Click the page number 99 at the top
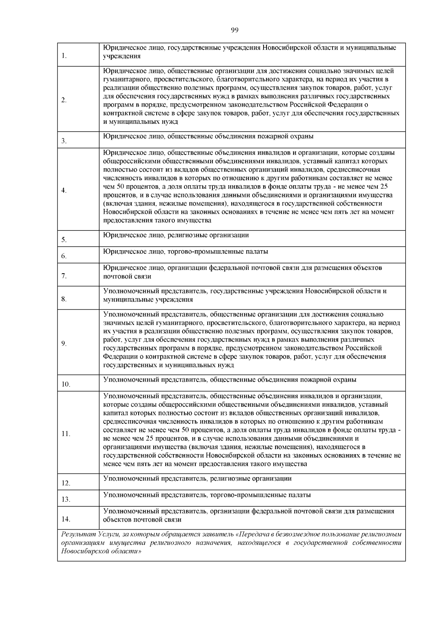coord(234,30)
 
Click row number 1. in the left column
coord(65,56)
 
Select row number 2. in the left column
coord(64,100)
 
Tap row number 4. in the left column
coord(64,190)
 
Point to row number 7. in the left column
coord(64,276)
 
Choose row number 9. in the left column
coord(64,343)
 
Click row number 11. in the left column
coord(66,434)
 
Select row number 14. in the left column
coord(66,519)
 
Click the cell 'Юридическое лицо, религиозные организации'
coord(176,235)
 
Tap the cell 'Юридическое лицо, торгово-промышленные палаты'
coord(185,252)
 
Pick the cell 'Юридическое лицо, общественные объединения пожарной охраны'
coord(208,136)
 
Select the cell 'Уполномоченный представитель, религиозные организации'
coord(197,479)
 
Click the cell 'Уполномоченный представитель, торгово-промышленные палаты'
coord(207,495)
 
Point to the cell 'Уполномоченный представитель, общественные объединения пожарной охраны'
coord(230,380)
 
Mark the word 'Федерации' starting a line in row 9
coord(117,357)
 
